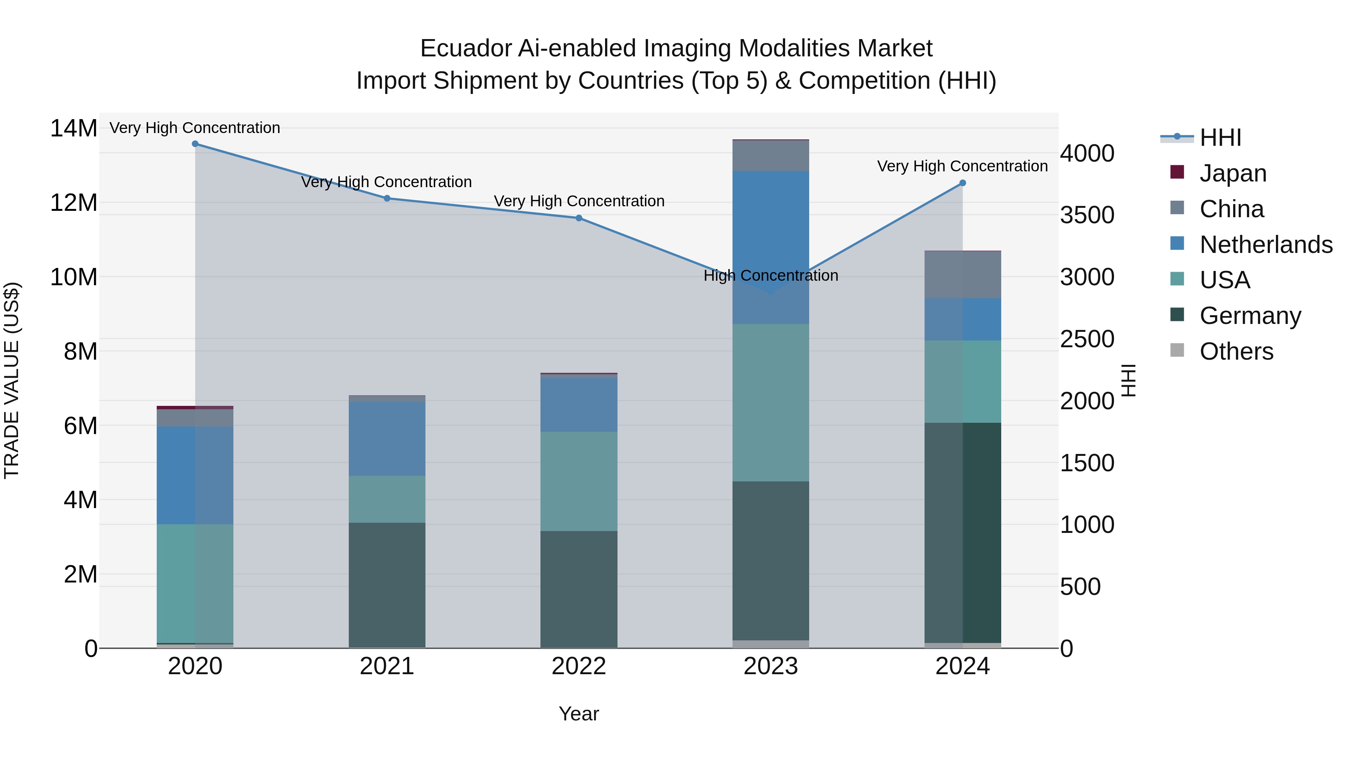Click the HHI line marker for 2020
(195, 144)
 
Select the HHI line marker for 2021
(387, 198)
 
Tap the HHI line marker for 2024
(963, 183)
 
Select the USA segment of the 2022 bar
(579, 481)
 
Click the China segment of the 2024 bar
(963, 274)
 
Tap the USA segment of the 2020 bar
(195, 583)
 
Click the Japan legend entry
(1232, 173)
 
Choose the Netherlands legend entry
(1266, 244)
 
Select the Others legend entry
(1236, 351)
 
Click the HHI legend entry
(1220, 138)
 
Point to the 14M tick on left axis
(74, 128)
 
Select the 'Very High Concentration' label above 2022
(579, 201)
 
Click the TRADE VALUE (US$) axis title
(12, 380)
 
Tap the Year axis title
(579, 714)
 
